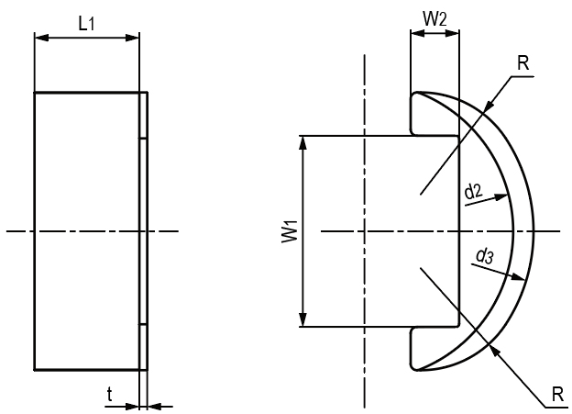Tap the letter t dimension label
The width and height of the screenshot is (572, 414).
click(x=110, y=396)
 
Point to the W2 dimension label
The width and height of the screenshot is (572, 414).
click(x=434, y=17)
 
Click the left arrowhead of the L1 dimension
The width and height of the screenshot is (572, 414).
click(x=39, y=38)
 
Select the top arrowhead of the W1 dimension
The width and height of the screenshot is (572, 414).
click(x=303, y=141)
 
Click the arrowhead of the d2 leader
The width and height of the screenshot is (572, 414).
click(x=503, y=196)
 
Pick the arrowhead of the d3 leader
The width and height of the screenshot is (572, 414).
click(x=523, y=276)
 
